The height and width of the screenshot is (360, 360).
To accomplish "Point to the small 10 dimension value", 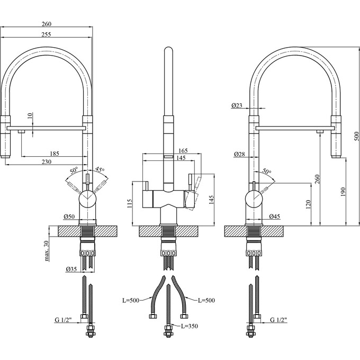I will pos(30,116).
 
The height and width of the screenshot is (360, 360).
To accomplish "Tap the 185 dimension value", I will pos(54,154).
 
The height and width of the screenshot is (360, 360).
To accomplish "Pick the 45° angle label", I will pos(100,170).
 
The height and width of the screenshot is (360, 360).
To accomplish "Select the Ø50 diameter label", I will pos(68,216).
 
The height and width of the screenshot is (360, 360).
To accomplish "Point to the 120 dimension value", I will pos(307,204).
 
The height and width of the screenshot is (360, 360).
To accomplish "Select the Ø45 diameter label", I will pos(274,216).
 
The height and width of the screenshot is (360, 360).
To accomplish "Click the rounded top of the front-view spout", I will pos(168,51).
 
